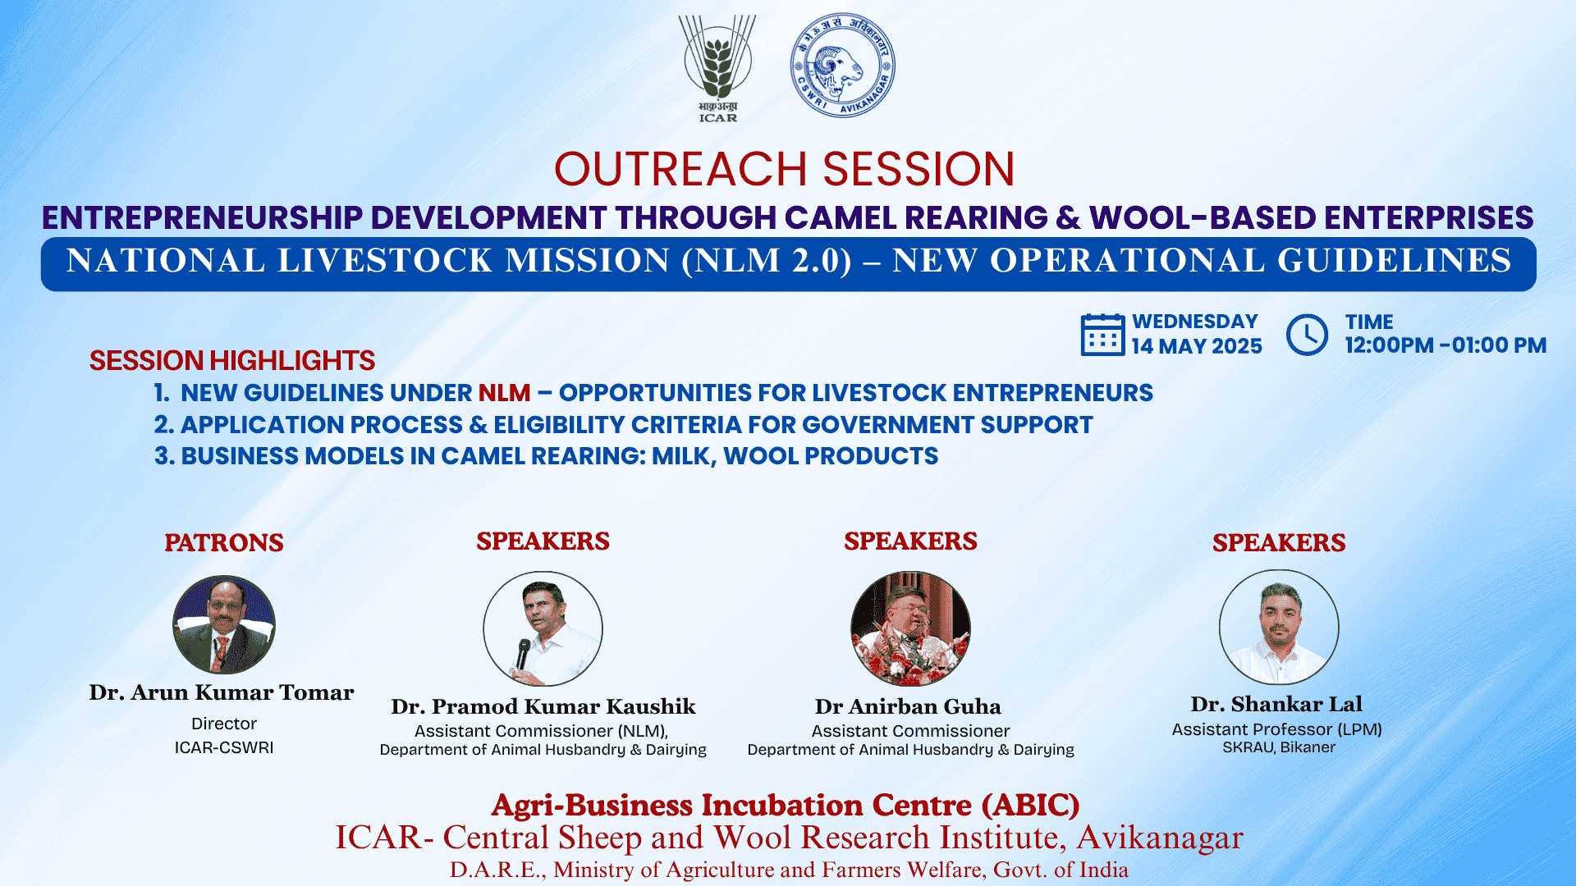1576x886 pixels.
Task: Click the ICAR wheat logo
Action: click(x=717, y=69)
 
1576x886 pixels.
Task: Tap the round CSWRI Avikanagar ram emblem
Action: click(x=842, y=65)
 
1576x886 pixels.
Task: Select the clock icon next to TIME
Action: click(x=1307, y=335)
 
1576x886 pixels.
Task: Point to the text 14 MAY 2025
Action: click(x=1197, y=346)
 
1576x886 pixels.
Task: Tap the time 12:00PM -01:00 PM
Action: click(x=1445, y=345)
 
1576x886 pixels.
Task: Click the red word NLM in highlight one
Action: click(x=505, y=393)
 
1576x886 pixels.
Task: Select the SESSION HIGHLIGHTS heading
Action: click(x=232, y=361)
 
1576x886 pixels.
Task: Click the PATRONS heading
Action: click(x=224, y=542)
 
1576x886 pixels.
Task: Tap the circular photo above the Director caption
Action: click(x=224, y=625)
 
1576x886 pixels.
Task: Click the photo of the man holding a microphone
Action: click(x=543, y=628)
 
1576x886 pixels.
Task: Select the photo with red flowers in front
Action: click(x=910, y=628)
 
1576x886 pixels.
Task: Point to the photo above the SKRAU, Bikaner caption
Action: click(x=1279, y=627)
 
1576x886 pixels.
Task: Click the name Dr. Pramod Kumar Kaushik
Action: click(x=543, y=706)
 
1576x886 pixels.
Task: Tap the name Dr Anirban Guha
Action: click(x=908, y=706)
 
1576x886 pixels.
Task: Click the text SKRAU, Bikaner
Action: click(x=1279, y=747)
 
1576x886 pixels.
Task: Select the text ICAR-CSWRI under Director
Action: click(x=224, y=747)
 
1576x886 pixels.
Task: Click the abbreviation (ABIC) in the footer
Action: click(x=1031, y=806)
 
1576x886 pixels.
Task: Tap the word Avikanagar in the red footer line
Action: click(x=1160, y=838)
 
